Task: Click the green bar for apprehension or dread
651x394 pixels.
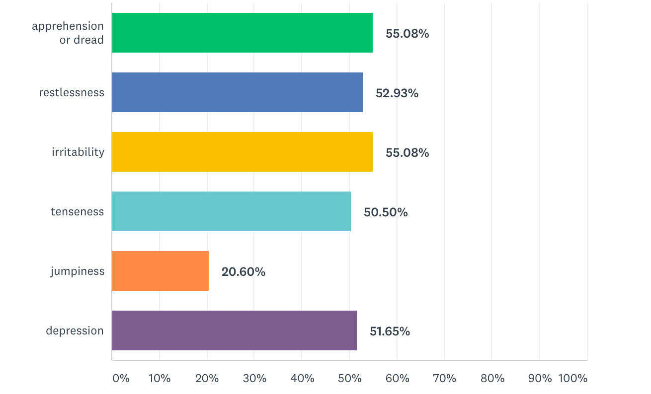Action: (242, 33)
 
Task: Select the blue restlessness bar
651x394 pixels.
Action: (237, 92)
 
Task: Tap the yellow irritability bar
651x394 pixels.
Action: (242, 152)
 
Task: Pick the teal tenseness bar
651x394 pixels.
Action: (231, 211)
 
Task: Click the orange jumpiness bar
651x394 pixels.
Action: (160, 271)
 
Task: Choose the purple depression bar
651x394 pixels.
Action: (234, 330)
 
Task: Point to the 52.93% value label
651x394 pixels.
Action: (397, 93)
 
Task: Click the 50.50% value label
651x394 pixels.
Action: (386, 212)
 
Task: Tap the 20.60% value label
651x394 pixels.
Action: (243, 272)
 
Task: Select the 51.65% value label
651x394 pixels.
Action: (390, 331)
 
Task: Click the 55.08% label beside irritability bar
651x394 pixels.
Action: (407, 153)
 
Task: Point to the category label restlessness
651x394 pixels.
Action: (72, 92)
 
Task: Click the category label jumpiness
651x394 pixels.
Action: (78, 271)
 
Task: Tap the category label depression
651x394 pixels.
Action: (75, 330)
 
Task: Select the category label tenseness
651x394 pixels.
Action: (77, 211)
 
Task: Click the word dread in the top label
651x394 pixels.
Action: (89, 40)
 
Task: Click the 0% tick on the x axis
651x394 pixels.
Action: (121, 378)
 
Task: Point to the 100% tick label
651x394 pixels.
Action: (572, 378)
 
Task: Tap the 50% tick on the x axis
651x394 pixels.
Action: (350, 378)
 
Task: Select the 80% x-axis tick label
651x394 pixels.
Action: (492, 378)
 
